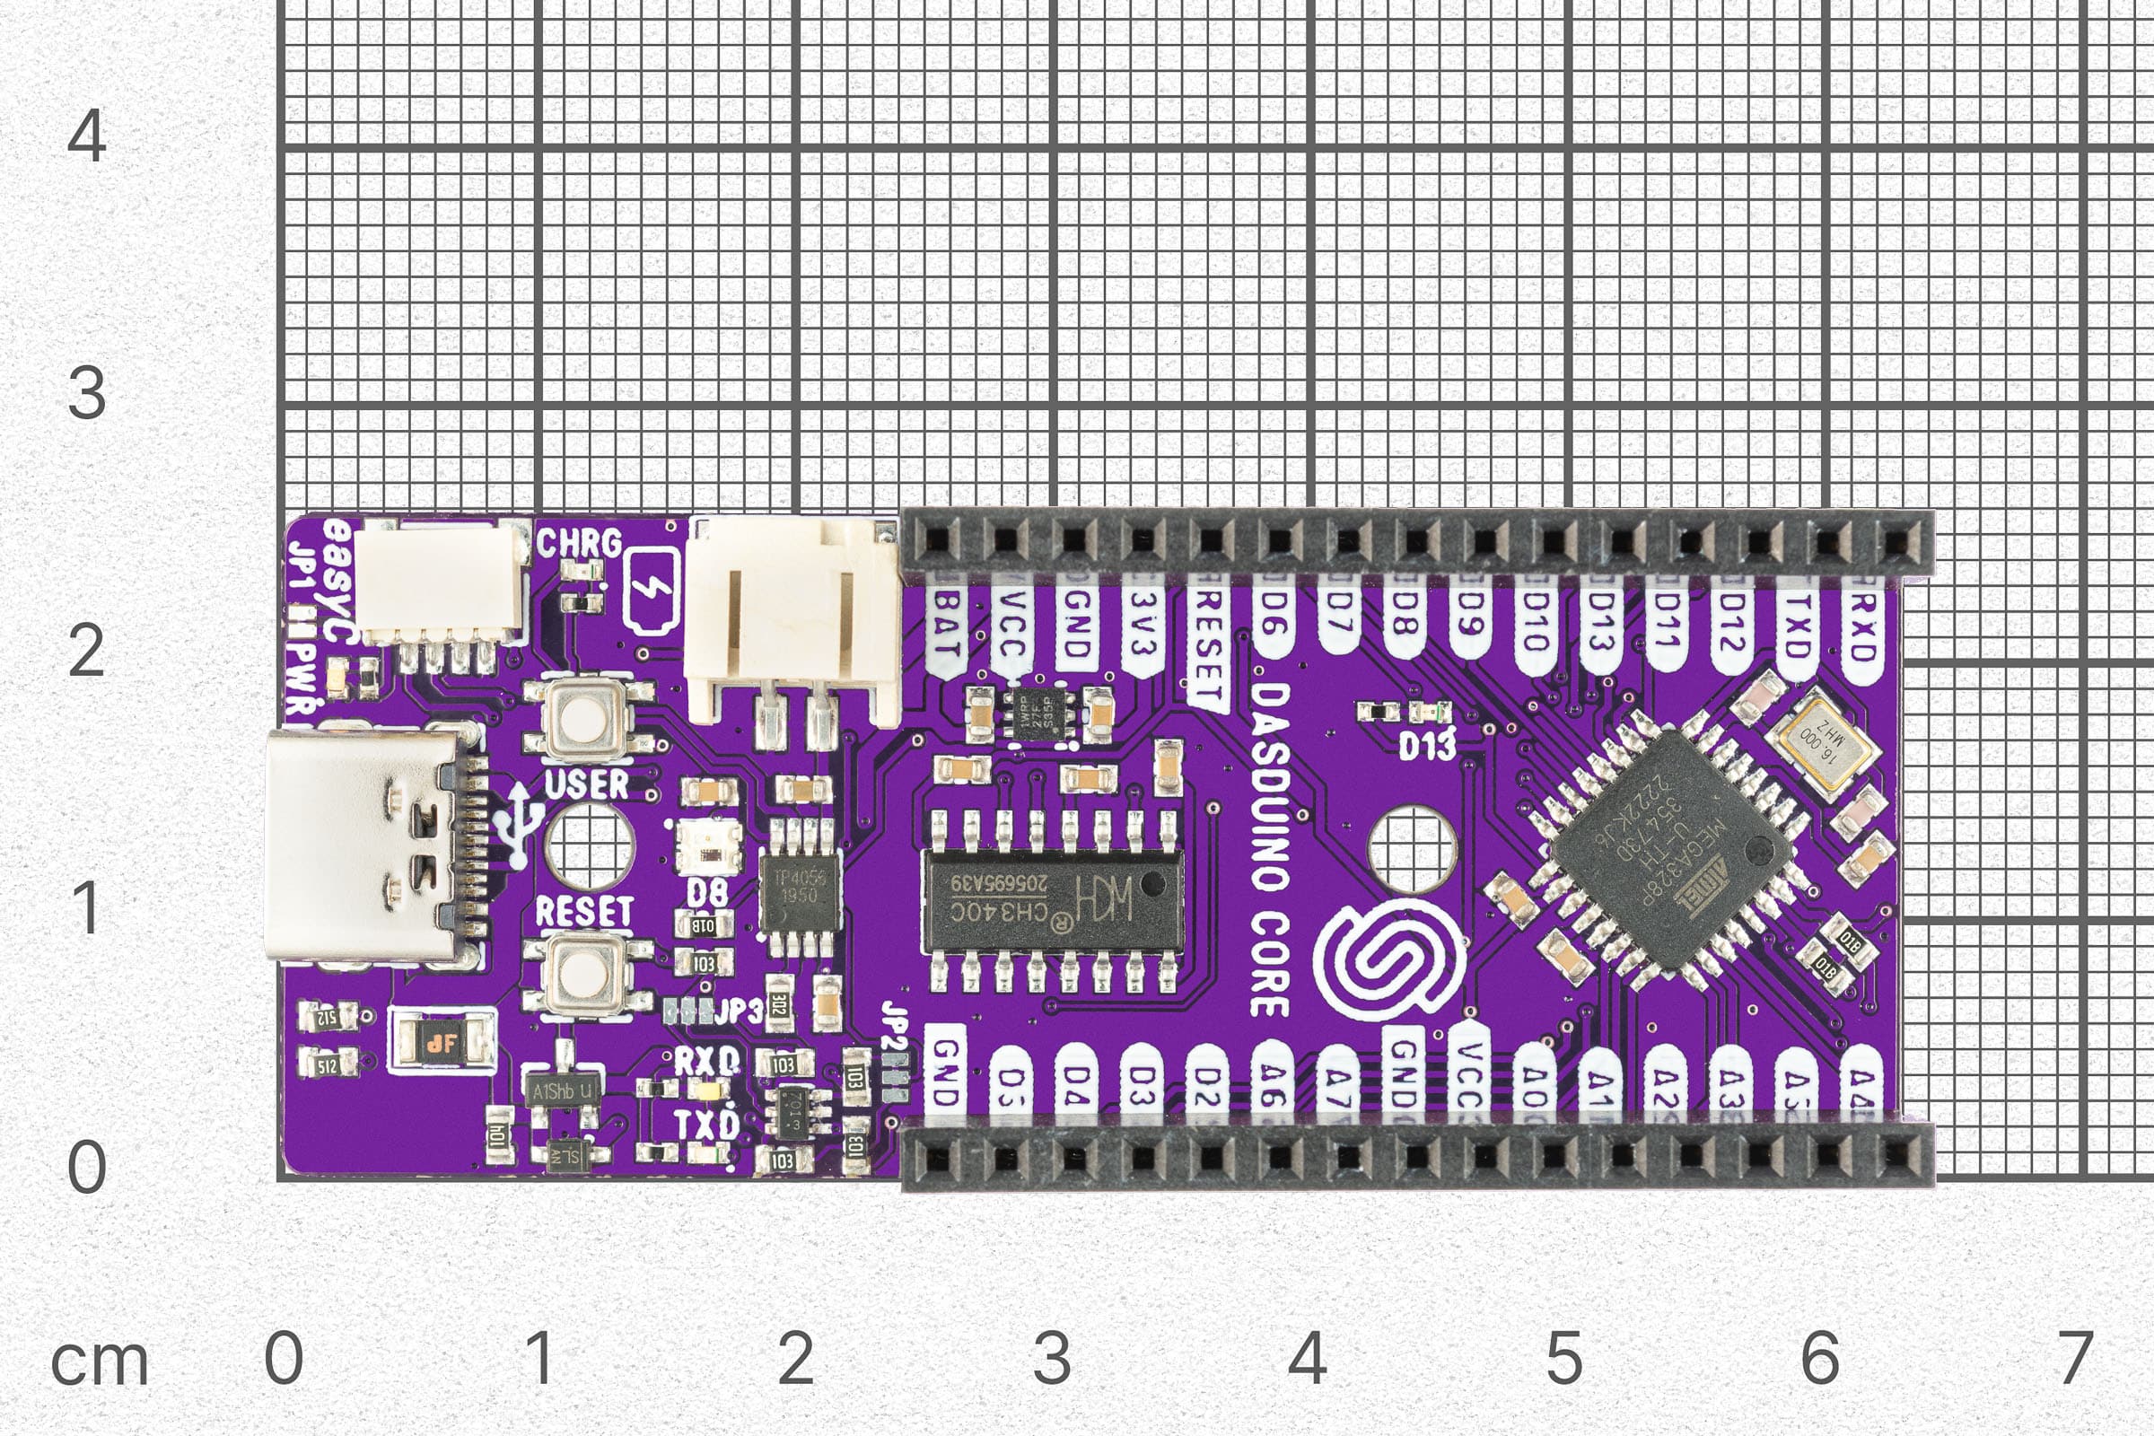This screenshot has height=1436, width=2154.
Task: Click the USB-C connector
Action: tap(362, 845)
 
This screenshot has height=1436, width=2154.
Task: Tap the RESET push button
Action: tap(584, 975)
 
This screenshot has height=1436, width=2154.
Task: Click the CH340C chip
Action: tap(1051, 899)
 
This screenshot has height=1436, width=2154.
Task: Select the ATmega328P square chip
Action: tap(1668, 849)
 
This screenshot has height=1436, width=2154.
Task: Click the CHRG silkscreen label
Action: tap(579, 543)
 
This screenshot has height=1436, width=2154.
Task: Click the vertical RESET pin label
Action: tap(1209, 645)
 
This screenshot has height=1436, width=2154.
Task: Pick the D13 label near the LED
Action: tap(1427, 747)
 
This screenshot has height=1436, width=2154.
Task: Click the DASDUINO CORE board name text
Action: tap(1270, 849)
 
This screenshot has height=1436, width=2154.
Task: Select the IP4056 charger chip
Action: tap(799, 885)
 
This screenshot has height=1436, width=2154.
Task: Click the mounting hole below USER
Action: tap(589, 846)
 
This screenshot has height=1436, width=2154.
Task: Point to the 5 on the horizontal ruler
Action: tap(1564, 1357)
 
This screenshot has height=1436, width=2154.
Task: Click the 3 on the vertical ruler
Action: tap(87, 393)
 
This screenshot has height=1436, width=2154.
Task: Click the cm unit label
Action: tap(99, 1362)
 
